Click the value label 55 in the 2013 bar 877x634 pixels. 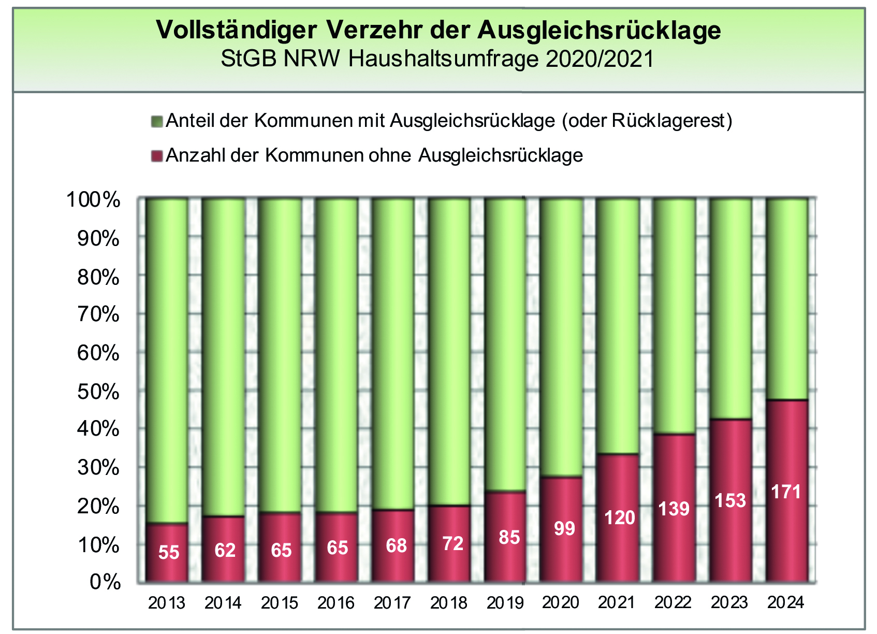click(x=169, y=553)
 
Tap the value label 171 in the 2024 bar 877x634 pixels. click(x=786, y=492)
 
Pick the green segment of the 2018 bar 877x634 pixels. click(x=449, y=352)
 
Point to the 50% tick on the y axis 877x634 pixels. click(x=98, y=392)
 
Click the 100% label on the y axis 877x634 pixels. click(x=93, y=200)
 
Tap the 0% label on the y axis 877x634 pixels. click(x=105, y=582)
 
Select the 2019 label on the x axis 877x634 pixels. click(x=505, y=603)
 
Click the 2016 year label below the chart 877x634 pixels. click(x=336, y=603)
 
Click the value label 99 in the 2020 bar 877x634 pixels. click(x=564, y=528)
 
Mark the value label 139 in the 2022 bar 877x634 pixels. click(x=674, y=509)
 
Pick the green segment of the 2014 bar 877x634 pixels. click(x=223, y=357)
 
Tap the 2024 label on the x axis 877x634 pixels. click(x=786, y=603)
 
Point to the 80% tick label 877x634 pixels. click(x=98, y=278)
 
